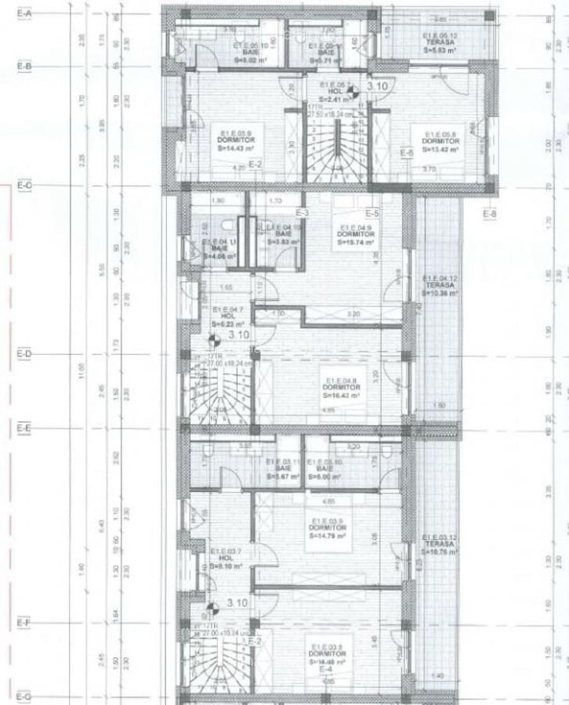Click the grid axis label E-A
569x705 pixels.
coord(24,14)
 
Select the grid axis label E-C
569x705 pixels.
coord(24,186)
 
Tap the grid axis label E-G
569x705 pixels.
coord(24,696)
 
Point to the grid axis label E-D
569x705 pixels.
coord(24,354)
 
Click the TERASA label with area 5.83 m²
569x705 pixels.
coord(439,40)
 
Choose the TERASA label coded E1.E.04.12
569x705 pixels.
coord(440,285)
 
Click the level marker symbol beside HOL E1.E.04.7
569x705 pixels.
coord(212,340)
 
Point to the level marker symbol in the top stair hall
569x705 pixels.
coord(353,91)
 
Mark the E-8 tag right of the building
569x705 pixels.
coord(490,213)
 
